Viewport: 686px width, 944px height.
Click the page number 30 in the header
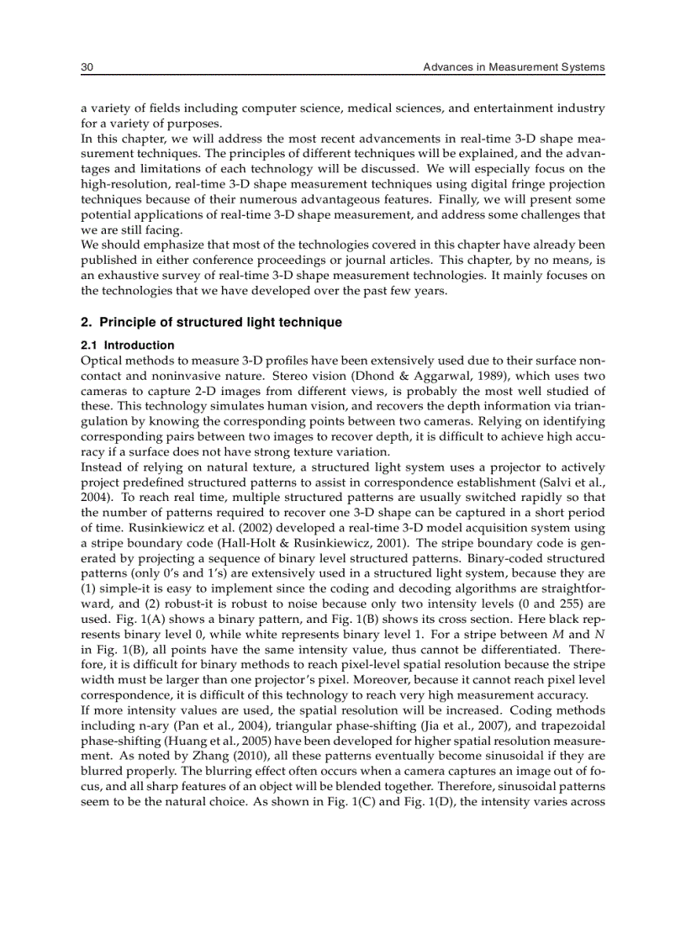point(87,67)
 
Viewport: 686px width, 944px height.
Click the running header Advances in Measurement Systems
point(514,67)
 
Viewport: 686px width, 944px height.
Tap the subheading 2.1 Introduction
point(127,345)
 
